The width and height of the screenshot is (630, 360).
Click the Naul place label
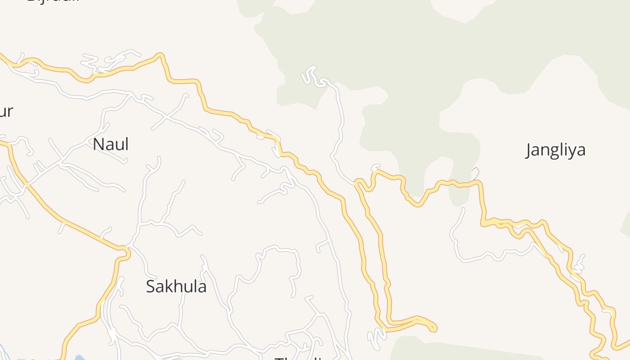pyautogui.click(x=111, y=144)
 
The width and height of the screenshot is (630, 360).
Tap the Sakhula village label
pyautogui.click(x=176, y=287)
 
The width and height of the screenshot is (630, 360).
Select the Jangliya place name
pyautogui.click(x=556, y=150)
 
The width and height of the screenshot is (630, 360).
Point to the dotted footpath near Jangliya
pyautogui.click(x=476, y=173)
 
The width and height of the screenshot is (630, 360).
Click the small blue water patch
pyautogui.click(x=80, y=358)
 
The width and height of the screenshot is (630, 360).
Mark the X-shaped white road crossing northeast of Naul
pyautogui.click(x=167, y=117)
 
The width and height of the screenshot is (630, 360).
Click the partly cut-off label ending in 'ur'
pyautogui.click(x=6, y=111)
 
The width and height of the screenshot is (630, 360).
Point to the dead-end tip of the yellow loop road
pyautogui.click(x=434, y=328)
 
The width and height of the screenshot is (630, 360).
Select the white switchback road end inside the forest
pyautogui.click(x=310, y=70)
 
